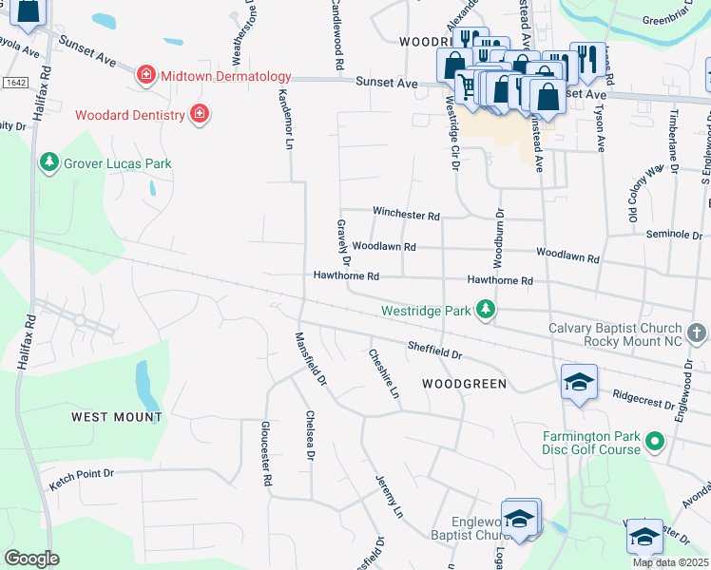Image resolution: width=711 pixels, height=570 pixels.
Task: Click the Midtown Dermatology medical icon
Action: [x=145, y=75]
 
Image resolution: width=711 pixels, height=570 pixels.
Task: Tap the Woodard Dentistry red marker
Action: [x=200, y=115]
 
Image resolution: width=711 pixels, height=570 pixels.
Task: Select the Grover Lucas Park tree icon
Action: [x=49, y=163]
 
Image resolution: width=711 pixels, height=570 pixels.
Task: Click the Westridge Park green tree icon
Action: [x=487, y=310]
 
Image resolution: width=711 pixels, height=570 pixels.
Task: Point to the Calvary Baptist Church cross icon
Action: [x=697, y=332]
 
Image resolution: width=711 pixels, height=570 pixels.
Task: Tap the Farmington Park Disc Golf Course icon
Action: [x=654, y=442]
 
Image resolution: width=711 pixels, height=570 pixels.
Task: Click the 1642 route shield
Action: [x=15, y=83]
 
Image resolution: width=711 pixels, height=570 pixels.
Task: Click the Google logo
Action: [x=31, y=558]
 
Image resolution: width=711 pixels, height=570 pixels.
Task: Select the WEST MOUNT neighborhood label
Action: [x=117, y=416]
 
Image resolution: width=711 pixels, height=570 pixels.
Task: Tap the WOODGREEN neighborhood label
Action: [x=464, y=384]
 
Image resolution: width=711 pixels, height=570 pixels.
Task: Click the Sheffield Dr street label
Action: [x=434, y=350]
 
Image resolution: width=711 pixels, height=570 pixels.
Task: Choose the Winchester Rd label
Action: [x=406, y=215]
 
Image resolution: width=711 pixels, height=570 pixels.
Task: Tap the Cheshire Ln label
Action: [x=383, y=372]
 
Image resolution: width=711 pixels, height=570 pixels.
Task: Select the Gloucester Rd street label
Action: [x=266, y=454]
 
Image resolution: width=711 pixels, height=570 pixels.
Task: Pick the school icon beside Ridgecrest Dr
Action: [x=580, y=382]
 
